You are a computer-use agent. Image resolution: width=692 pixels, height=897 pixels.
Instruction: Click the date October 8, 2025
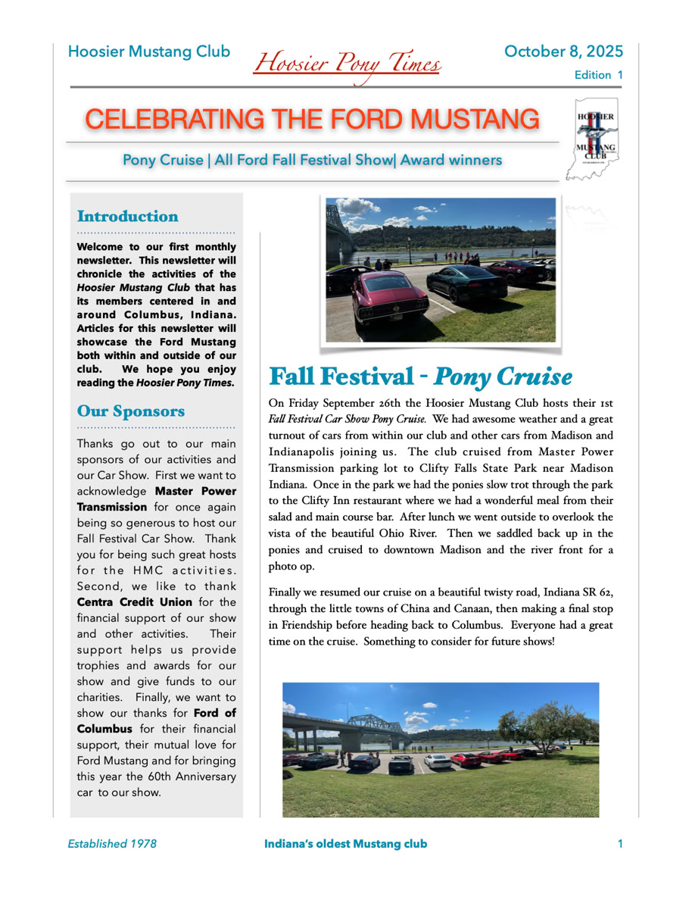pos(563,52)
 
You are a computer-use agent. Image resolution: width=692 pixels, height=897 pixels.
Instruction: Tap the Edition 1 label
pos(598,75)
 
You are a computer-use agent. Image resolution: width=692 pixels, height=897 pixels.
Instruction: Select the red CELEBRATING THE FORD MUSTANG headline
pos(312,119)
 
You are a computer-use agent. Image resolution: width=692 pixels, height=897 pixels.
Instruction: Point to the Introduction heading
pos(128,217)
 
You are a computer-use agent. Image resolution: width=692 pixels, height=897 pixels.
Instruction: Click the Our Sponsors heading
pos(131,411)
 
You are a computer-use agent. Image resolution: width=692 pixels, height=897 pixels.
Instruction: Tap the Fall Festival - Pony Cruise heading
pos(420,377)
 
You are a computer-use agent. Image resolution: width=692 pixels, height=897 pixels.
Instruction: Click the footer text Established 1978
pos(112,843)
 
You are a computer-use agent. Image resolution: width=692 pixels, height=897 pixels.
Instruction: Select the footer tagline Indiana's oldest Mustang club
pos(345,843)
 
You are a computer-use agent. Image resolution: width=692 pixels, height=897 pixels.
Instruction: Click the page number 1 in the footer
pos(620,843)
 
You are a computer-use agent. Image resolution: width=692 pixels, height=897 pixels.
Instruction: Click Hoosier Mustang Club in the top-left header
pos(149,52)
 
